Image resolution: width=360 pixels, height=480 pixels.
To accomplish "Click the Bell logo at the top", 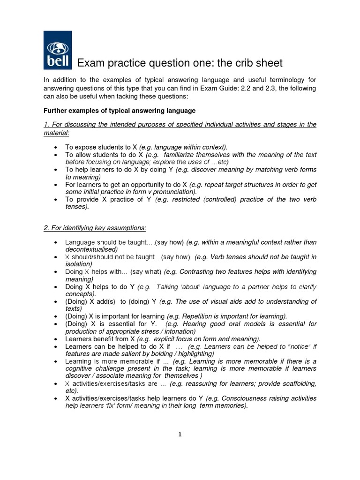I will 57,50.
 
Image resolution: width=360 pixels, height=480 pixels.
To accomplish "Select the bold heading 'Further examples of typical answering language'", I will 119,111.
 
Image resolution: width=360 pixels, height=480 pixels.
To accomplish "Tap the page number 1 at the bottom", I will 180,434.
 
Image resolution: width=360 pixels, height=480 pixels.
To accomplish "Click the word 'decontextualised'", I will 91,249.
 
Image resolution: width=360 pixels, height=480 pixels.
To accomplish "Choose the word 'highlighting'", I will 194,354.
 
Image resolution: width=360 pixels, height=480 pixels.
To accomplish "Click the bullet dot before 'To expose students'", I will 56,147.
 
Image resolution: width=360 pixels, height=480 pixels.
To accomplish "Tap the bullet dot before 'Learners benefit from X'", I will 56,339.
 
